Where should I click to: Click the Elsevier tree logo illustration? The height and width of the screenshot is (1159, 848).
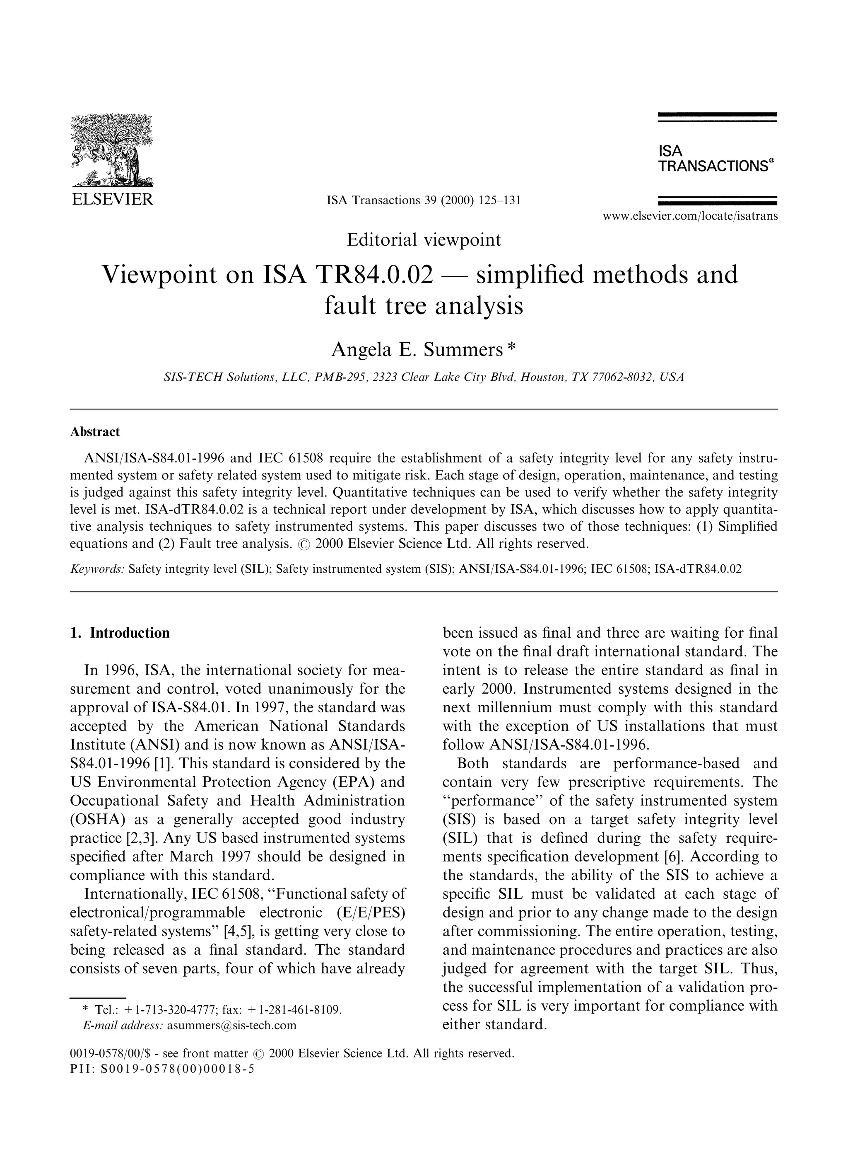point(111,150)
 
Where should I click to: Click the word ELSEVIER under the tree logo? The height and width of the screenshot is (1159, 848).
point(112,200)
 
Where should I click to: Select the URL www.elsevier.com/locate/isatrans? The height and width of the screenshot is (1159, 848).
point(690,216)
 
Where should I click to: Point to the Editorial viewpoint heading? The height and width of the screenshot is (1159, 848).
point(424,240)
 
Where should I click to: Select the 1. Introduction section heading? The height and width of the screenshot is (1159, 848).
point(120,633)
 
